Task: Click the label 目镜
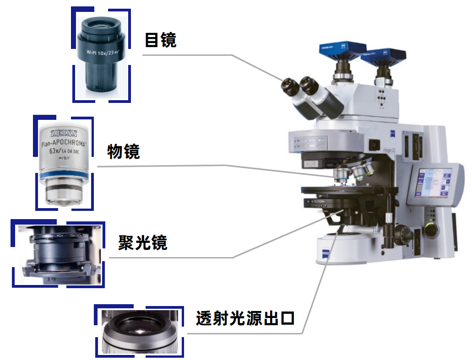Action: [x=160, y=40]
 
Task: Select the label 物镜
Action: [x=123, y=151]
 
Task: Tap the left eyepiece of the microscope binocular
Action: [x=290, y=85]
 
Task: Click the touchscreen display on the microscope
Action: [x=433, y=182]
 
